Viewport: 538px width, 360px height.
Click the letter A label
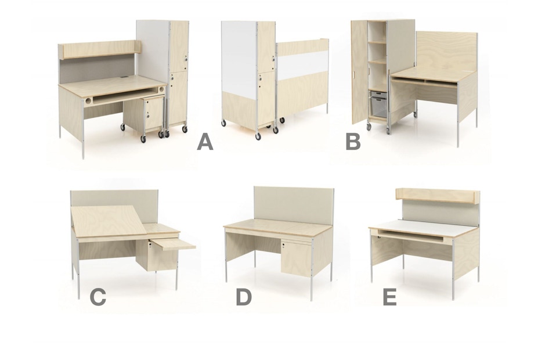click(205, 142)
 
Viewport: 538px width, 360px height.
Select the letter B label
click(353, 142)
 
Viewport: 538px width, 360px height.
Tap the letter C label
click(98, 297)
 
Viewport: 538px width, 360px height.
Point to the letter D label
click(244, 297)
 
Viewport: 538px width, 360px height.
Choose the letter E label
click(389, 297)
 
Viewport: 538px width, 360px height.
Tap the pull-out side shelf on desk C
click(173, 244)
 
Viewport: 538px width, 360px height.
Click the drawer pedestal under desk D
click(296, 257)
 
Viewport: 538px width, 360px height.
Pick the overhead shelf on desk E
click(438, 195)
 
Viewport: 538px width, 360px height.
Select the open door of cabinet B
click(360, 73)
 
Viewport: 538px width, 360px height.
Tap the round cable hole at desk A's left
click(88, 101)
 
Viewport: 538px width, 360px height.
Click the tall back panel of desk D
click(294, 206)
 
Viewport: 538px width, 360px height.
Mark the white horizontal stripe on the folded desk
click(304, 65)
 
